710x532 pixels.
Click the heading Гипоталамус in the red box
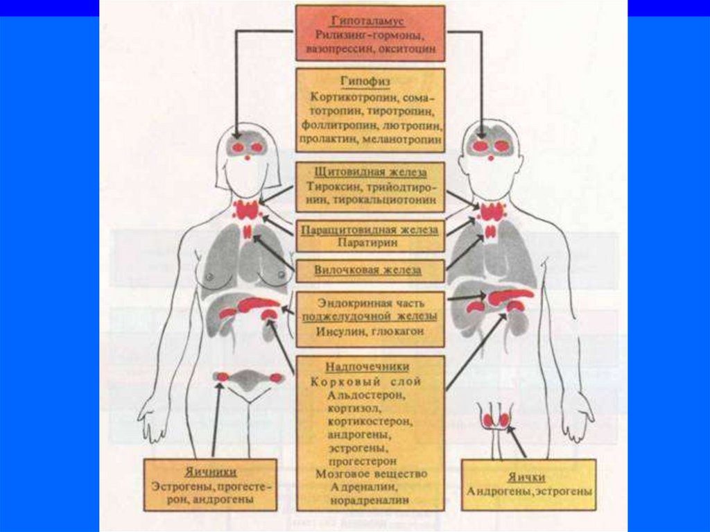(x=369, y=22)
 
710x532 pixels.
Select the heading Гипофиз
(x=369, y=82)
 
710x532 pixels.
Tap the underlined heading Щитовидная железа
(x=370, y=172)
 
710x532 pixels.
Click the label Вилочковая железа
(x=368, y=270)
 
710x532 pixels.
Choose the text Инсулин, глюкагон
(x=370, y=332)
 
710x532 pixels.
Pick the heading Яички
(x=530, y=477)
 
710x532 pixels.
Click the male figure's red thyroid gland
(x=491, y=211)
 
